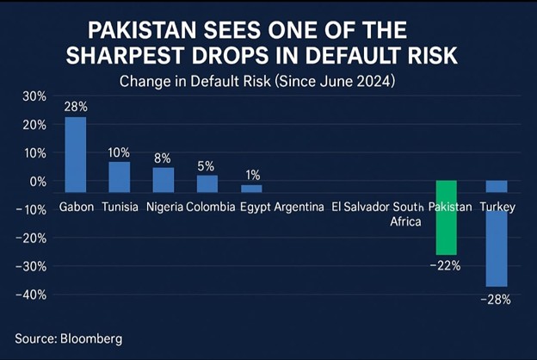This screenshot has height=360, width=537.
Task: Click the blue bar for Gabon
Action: (x=76, y=154)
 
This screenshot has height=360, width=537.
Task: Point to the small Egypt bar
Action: (x=251, y=188)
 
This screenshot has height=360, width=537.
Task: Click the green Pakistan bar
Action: (x=446, y=217)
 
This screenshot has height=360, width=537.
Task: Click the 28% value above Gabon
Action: (x=76, y=107)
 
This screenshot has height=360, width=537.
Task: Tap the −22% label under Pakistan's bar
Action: (x=446, y=265)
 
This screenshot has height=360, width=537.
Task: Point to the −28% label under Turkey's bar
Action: (x=497, y=299)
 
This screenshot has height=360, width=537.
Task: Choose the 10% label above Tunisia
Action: (x=119, y=152)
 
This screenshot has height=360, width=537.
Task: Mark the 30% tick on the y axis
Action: (x=34, y=96)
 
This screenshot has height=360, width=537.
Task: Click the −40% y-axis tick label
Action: (x=31, y=295)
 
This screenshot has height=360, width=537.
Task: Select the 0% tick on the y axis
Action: (x=36, y=182)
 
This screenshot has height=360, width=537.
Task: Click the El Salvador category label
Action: (x=360, y=207)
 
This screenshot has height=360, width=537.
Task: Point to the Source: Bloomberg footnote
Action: (x=68, y=338)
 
